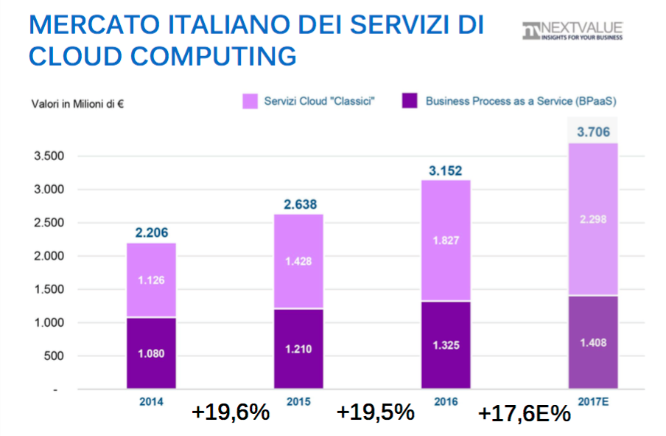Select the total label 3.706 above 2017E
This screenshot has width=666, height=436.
pyautogui.click(x=593, y=132)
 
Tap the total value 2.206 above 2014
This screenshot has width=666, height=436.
pyautogui.click(x=151, y=233)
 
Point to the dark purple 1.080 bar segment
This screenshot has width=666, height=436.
pyautogui.click(x=151, y=353)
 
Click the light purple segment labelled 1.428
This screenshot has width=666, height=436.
pyautogui.click(x=298, y=261)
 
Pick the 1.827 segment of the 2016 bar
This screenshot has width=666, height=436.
pyautogui.click(x=446, y=241)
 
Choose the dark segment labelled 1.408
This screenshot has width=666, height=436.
pyautogui.click(x=593, y=342)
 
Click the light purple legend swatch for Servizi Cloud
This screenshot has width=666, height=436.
pyautogui.click(x=250, y=101)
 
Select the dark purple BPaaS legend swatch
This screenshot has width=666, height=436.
pyautogui.click(x=410, y=101)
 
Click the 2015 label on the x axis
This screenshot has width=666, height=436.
pyautogui.click(x=298, y=401)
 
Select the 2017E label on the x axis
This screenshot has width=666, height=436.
pyautogui.click(x=593, y=401)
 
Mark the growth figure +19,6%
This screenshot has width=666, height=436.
pyautogui.click(x=230, y=412)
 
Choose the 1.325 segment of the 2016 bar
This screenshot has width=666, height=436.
pyautogui.click(x=446, y=345)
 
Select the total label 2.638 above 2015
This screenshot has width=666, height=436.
pyautogui.click(x=298, y=204)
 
